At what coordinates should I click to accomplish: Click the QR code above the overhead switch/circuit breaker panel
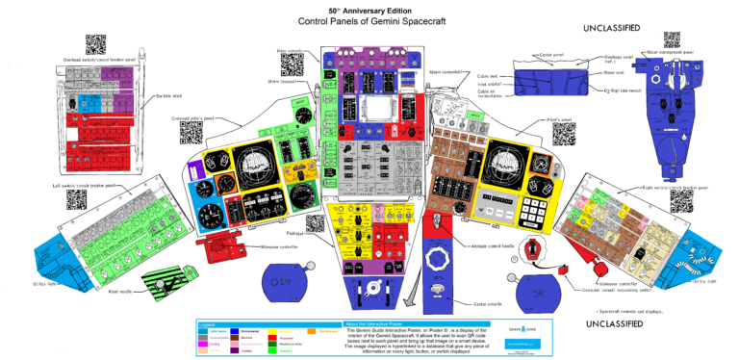click(94, 44)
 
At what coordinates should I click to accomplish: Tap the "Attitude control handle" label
click(474, 247)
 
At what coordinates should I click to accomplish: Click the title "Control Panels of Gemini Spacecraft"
click(368, 21)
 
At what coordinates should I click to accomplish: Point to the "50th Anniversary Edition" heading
click(368, 9)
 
